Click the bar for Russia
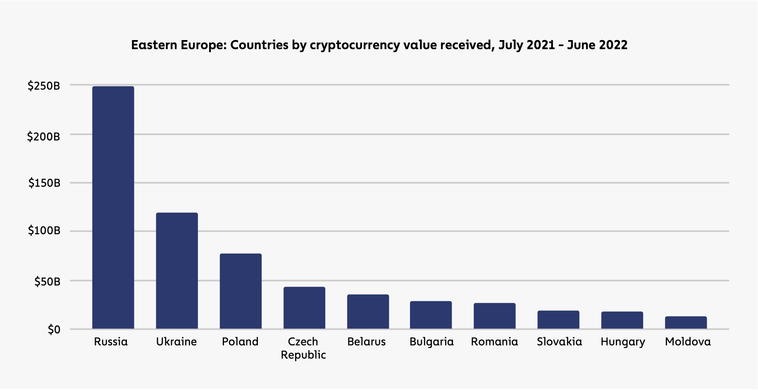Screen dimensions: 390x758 click(113, 207)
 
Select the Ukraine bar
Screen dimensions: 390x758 click(177, 271)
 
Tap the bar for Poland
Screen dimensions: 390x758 click(241, 291)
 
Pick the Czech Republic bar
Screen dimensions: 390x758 click(304, 308)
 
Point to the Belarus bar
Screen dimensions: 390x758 click(368, 312)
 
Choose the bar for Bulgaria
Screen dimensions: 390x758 click(431, 315)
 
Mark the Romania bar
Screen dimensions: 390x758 click(494, 316)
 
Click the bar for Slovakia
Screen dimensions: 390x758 click(558, 320)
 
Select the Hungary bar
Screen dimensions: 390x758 click(622, 320)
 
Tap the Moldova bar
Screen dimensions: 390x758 click(686, 323)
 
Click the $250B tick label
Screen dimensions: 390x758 click(44, 86)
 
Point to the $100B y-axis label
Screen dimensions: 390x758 click(44, 231)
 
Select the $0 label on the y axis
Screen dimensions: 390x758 click(54, 330)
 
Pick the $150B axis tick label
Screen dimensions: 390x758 click(44, 183)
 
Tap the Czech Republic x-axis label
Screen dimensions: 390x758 click(303, 348)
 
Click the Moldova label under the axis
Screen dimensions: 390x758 click(688, 342)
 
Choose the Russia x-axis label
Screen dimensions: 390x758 click(111, 342)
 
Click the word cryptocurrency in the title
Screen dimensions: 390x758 click(355, 45)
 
